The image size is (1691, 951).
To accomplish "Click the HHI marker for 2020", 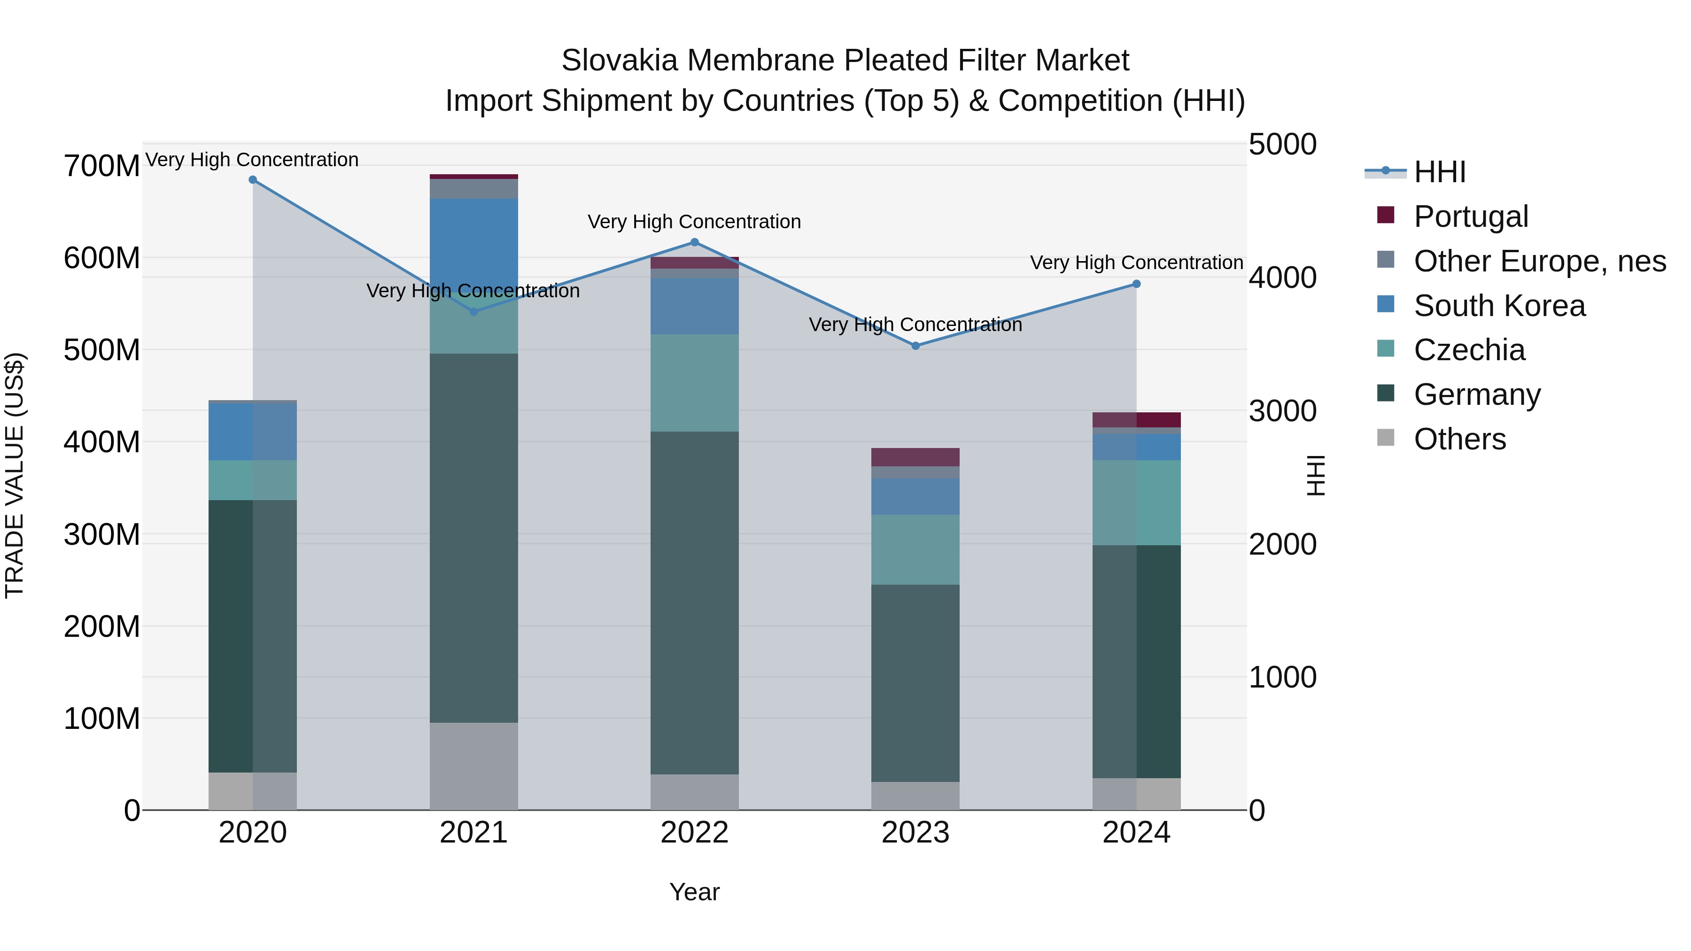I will tap(253, 180).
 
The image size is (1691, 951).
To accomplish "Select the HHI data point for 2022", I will tap(695, 242).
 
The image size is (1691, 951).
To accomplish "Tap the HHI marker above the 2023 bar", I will tap(916, 346).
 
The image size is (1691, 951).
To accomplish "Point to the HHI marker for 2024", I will tap(1136, 284).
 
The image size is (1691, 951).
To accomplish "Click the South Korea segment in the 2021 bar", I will tap(473, 243).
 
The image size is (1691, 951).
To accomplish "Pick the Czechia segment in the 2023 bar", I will tap(916, 549).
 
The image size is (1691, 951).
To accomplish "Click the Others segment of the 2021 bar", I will tap(473, 766).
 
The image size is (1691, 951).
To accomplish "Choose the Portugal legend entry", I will tap(1470, 216).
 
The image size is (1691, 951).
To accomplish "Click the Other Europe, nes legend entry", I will tap(1539, 261).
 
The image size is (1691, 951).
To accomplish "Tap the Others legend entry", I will tap(1459, 439).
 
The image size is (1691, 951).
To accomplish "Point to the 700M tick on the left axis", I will tap(102, 166).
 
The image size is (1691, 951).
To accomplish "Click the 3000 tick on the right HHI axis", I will tap(1282, 411).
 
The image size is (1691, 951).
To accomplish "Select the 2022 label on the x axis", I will tap(695, 833).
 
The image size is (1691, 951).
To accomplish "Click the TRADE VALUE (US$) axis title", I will tap(15, 475).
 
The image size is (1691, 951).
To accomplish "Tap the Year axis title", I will tap(695, 892).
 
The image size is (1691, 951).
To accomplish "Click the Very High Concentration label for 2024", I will tap(1136, 263).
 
